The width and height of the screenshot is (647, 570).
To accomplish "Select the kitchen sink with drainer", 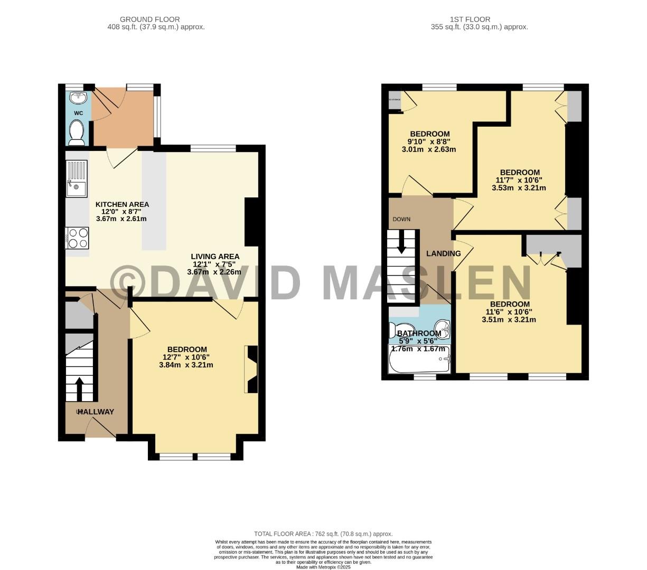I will click(77, 178).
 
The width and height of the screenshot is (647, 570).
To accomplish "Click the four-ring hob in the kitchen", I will click(77, 237).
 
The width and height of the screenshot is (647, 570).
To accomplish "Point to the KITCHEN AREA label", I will click(122, 204).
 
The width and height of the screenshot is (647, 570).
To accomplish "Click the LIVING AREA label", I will click(215, 256).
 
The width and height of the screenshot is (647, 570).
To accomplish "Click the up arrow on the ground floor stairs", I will click(79, 389).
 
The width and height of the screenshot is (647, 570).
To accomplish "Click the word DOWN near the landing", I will click(401, 219).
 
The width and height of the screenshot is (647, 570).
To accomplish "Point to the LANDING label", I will click(443, 253).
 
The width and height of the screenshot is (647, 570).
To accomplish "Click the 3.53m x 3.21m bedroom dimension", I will click(519, 187).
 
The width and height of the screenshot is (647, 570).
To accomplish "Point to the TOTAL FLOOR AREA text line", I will click(323, 534).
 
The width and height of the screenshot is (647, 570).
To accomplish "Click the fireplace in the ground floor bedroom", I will click(251, 369).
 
